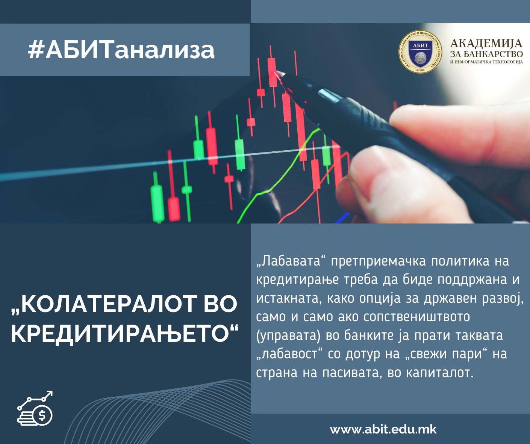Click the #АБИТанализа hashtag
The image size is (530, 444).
(121, 50)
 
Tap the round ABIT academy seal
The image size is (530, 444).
(420, 52)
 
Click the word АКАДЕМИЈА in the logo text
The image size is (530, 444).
(486, 44)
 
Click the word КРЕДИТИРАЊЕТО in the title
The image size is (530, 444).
(125, 334)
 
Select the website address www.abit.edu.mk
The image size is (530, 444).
(383, 429)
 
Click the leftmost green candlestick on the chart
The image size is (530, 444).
(157, 198)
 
